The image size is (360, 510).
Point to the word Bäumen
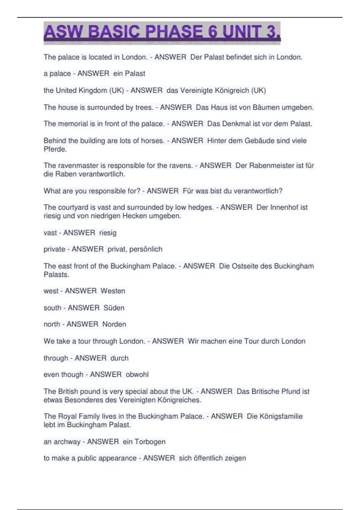coord(266,107)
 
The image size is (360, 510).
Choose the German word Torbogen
coord(150,442)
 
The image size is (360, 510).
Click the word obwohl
coord(137,375)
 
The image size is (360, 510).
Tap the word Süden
coord(114,308)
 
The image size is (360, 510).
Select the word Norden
coord(114,324)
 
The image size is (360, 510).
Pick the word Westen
coord(113,291)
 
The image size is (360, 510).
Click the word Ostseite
coord(245,266)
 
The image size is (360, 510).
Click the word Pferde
coord(55,149)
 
